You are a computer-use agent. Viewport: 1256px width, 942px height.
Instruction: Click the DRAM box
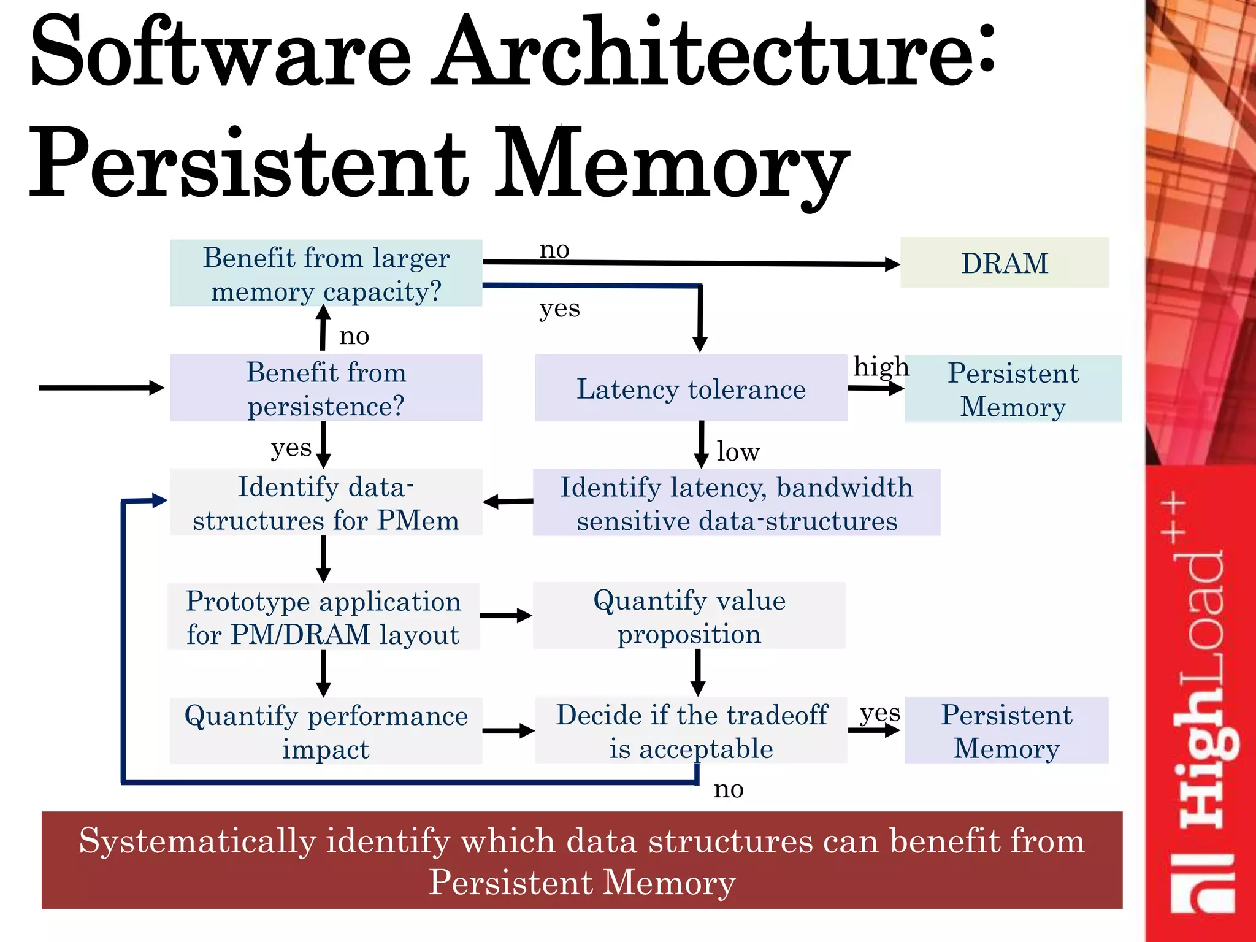(x=1004, y=262)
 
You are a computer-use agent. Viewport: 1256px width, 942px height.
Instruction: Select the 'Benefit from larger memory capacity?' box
(x=326, y=274)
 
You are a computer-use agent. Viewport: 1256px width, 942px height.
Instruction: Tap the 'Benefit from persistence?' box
(x=326, y=388)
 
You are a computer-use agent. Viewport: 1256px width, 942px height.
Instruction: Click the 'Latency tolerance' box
(x=691, y=388)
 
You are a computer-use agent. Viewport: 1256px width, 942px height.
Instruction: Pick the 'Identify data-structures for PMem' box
(x=326, y=503)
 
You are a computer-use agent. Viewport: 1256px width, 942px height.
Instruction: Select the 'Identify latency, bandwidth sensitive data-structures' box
(x=736, y=503)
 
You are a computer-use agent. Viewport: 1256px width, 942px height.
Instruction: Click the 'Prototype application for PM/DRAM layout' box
(x=323, y=617)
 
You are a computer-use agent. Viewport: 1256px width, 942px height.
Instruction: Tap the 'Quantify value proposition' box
(x=689, y=616)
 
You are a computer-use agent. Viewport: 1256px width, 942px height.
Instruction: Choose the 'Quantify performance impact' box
(x=326, y=731)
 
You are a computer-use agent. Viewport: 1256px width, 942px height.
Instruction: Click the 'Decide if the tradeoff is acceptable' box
(x=691, y=731)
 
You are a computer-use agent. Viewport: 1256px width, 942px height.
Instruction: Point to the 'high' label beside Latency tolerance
(x=881, y=367)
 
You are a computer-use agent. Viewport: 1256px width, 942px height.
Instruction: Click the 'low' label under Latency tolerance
(x=738, y=452)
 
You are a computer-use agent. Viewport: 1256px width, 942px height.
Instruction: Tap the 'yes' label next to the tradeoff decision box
(x=879, y=713)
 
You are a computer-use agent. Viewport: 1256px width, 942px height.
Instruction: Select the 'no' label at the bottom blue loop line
(x=729, y=789)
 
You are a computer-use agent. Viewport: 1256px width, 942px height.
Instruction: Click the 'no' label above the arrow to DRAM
(x=554, y=250)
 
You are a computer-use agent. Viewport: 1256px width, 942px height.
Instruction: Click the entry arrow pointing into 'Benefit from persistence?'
(x=101, y=388)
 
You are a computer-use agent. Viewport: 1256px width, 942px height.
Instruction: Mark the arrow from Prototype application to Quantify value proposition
(x=506, y=616)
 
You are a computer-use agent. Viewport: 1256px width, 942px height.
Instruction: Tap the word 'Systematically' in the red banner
(x=197, y=841)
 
